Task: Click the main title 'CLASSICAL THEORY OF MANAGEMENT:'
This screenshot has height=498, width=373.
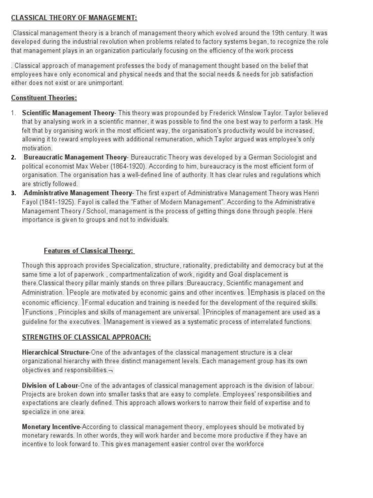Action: tap(74, 18)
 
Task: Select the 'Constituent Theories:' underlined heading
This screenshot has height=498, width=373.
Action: tap(44, 98)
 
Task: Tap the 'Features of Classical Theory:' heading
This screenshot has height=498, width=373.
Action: tap(89, 250)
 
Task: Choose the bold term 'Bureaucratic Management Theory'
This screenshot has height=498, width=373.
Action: tap(75, 157)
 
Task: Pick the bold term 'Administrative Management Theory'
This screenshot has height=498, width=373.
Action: tap(78, 193)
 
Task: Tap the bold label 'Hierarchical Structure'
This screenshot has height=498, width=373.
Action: tap(55, 352)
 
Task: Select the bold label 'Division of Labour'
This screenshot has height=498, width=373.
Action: tap(50, 385)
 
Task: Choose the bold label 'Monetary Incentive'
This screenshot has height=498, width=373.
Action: tap(50, 427)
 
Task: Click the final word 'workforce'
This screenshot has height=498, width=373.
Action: tap(247, 444)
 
